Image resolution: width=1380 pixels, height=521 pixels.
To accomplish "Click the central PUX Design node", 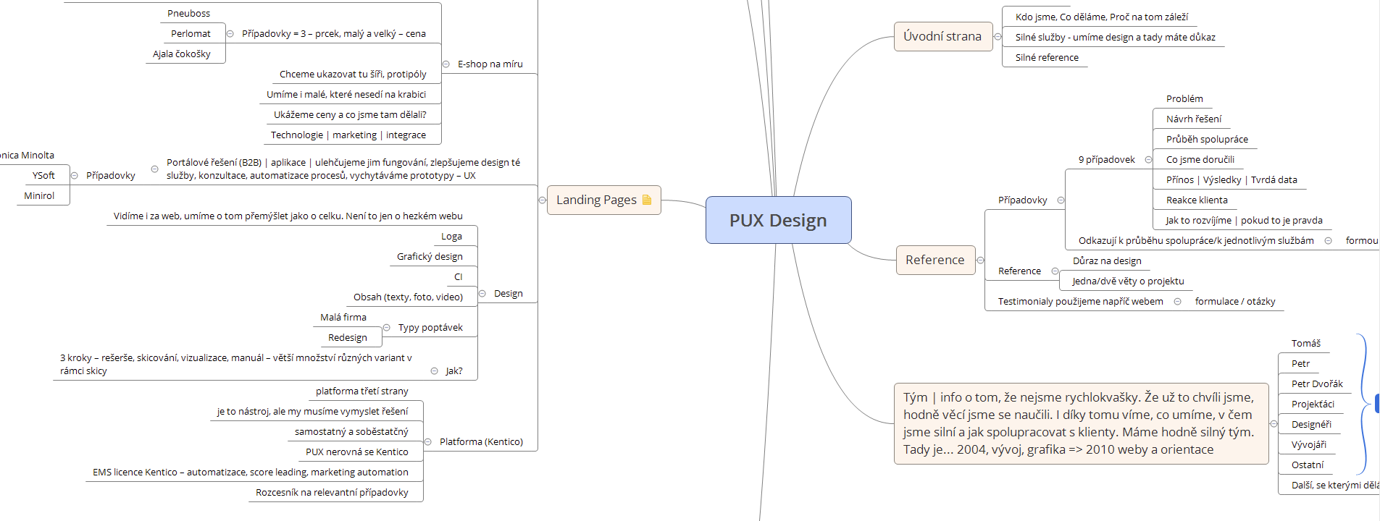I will point(778,220).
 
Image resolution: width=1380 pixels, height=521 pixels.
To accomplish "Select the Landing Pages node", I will point(596,200).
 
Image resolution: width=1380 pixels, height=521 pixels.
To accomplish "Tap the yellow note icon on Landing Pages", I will point(647,200).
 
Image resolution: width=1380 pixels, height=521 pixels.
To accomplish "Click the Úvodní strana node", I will point(942,36).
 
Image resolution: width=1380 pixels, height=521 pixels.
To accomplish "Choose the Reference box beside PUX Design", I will point(934,260).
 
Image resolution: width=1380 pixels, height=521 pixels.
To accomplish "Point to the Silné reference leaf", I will point(1046,57).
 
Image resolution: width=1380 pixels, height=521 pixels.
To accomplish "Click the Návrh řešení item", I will point(1193,119).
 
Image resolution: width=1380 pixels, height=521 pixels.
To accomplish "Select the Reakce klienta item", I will point(1196,200).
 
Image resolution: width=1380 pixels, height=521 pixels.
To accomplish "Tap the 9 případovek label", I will point(1106,159).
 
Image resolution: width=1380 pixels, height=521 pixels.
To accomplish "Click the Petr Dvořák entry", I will point(1316,384).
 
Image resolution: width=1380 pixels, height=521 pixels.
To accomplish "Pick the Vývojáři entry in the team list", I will point(1308,444).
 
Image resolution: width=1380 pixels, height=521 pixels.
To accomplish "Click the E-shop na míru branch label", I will point(490,64).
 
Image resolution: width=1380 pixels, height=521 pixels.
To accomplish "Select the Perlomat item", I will point(191,33).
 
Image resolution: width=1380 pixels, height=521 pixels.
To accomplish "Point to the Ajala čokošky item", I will point(182,54).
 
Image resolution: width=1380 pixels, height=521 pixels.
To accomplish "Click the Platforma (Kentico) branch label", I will point(481,441).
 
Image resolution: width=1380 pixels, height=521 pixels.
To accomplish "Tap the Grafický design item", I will point(430,256).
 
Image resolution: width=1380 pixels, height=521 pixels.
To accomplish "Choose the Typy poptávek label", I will point(430,327).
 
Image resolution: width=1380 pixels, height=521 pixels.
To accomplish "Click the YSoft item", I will point(43,175).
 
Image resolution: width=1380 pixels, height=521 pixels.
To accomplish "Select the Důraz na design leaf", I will point(1106,260).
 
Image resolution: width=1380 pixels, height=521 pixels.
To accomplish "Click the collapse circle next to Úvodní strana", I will point(998,37).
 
